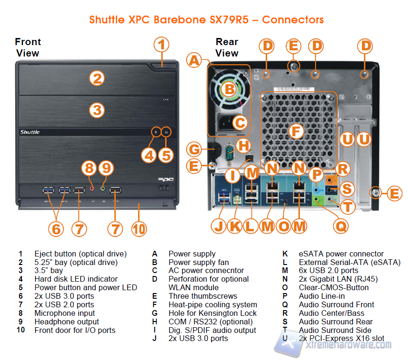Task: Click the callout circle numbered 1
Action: pyautogui.click(x=161, y=46)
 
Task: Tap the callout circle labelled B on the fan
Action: pyautogui.click(x=229, y=88)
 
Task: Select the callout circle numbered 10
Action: pyautogui.click(x=139, y=228)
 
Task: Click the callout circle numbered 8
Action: pyautogui.click(x=89, y=168)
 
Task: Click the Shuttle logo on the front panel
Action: pyautogui.click(x=30, y=132)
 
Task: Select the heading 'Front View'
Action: pyautogui.click(x=28, y=47)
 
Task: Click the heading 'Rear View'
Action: pyautogui.click(x=227, y=47)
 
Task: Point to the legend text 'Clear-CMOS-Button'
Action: pyautogui.click(x=331, y=287)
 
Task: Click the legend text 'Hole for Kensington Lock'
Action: pyautogui.click(x=213, y=313)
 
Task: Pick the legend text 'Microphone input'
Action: pyautogui.click(x=65, y=313)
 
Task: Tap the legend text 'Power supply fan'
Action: pyautogui.click(x=198, y=262)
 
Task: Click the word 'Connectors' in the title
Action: pyautogui.click(x=293, y=20)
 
